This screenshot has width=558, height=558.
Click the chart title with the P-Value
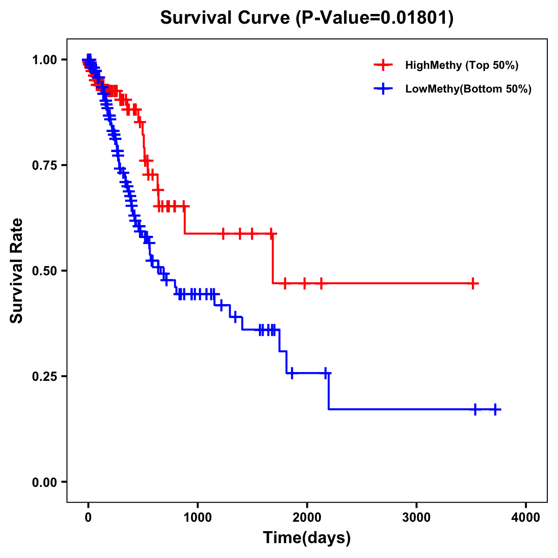pyautogui.click(x=307, y=18)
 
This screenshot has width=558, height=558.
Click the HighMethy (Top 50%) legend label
pyautogui.click(x=461, y=65)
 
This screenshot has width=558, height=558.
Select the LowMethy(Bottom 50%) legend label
pyautogui.click(x=468, y=89)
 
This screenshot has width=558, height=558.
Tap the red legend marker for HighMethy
pyautogui.click(x=383, y=65)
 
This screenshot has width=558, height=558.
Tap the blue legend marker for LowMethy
pyautogui.click(x=383, y=89)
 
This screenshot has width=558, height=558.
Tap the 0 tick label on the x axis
pyautogui.click(x=88, y=517)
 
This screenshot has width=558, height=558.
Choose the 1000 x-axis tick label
pyautogui.click(x=198, y=517)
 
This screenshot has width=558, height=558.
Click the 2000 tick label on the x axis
pyautogui.click(x=307, y=517)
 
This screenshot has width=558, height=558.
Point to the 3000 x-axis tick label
pyautogui.click(x=416, y=517)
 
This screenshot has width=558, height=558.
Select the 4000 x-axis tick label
pyautogui.click(x=526, y=517)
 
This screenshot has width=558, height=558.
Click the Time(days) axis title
pyautogui.click(x=307, y=538)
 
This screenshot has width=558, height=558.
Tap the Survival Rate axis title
pyautogui.click(x=17, y=271)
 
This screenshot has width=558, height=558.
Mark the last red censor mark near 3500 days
pyautogui.click(x=472, y=283)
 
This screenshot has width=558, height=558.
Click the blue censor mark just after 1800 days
pyautogui.click(x=292, y=373)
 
